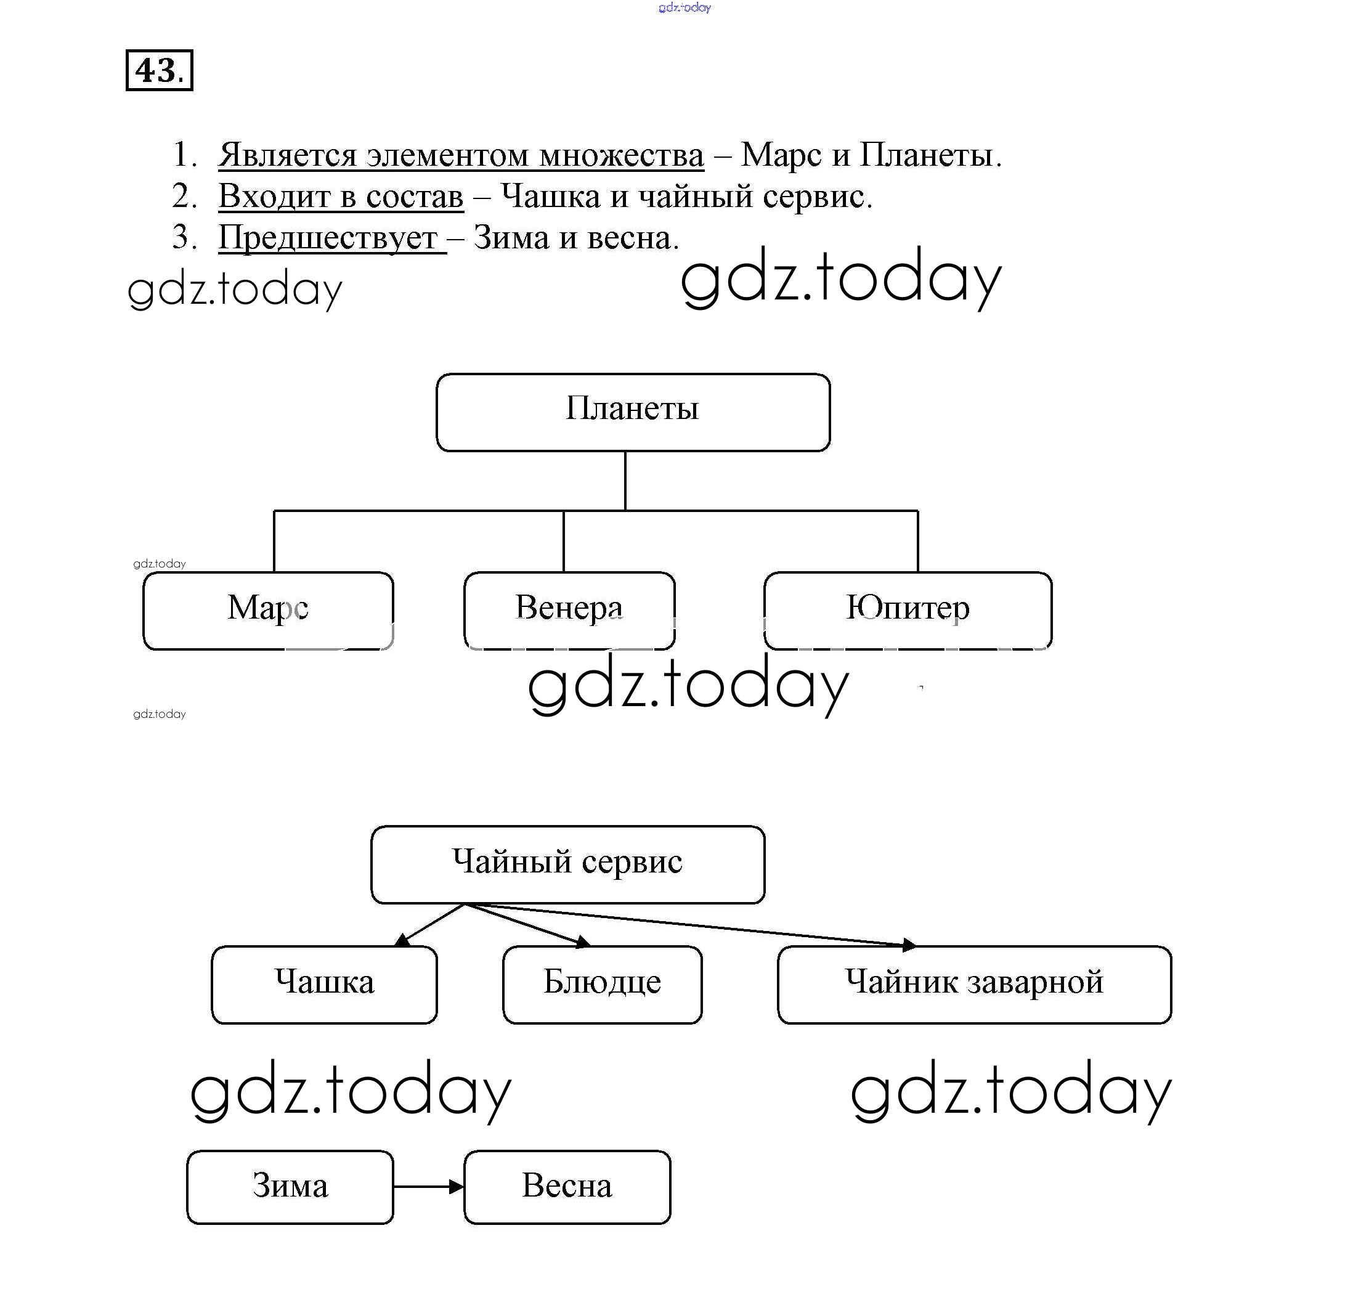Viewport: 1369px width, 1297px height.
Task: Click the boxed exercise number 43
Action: (x=159, y=70)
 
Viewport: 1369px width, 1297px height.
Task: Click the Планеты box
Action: (x=633, y=412)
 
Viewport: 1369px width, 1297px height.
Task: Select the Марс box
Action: (x=268, y=611)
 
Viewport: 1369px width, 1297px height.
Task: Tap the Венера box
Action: (x=569, y=611)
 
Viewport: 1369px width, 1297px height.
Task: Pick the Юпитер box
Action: (x=908, y=611)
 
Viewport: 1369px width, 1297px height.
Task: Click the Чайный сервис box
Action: (x=567, y=864)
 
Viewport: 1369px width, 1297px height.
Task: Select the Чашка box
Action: (x=324, y=985)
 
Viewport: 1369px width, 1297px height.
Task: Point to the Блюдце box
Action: (x=602, y=985)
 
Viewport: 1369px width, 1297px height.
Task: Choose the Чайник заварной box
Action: (x=974, y=985)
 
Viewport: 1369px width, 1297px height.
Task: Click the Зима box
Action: (x=290, y=1187)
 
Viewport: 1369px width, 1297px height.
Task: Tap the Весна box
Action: (x=567, y=1187)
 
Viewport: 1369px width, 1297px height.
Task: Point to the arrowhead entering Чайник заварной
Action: (x=910, y=945)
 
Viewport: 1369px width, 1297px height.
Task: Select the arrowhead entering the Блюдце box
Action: (x=583, y=941)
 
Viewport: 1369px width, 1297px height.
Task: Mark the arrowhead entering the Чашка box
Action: (x=402, y=940)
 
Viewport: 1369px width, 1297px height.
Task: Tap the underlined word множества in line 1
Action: (x=622, y=155)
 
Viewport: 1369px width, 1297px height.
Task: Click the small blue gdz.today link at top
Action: (x=684, y=7)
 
